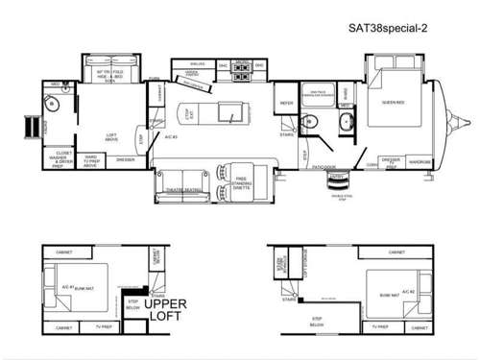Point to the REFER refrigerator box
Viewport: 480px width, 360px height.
285,103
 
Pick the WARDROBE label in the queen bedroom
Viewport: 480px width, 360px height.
420,162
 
